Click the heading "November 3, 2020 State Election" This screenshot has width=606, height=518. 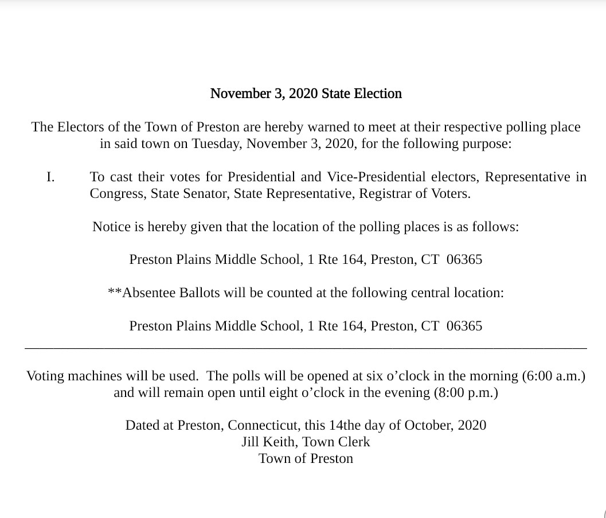point(306,94)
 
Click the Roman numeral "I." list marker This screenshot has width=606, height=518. point(50,177)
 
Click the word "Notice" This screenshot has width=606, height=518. point(111,227)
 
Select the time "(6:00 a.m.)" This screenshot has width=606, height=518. point(553,376)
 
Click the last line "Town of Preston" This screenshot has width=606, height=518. point(306,459)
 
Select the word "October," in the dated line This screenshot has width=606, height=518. point(429,426)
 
